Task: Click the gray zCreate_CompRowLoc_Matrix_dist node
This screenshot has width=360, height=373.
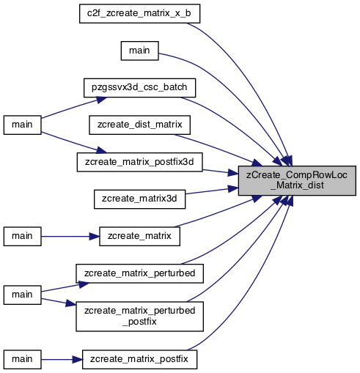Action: (297, 180)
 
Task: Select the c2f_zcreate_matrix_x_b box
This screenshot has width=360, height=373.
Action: (139, 14)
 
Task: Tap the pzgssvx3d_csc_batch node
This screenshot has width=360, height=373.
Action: (139, 88)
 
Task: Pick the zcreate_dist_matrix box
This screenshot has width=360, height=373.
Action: (139, 125)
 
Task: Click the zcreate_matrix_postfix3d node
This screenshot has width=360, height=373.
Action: (139, 162)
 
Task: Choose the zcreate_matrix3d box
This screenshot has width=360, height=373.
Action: (139, 199)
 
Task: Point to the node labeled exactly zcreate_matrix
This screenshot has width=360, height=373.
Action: (139, 237)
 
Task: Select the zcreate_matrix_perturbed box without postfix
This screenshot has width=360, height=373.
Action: (139, 273)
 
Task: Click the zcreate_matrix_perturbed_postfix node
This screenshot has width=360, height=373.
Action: (139, 317)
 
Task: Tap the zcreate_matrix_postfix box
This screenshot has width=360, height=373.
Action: (139, 360)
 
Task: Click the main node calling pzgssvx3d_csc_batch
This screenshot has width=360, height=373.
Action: (22, 125)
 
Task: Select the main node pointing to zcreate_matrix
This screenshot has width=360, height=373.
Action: (22, 237)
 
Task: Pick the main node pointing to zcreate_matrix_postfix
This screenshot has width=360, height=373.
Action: (22, 360)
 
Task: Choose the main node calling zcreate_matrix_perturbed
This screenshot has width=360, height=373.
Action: (22, 295)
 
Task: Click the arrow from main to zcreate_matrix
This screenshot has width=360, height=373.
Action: (70, 237)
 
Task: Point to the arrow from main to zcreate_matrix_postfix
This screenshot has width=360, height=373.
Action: (62, 360)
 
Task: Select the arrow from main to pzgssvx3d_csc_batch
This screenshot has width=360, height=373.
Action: (74, 108)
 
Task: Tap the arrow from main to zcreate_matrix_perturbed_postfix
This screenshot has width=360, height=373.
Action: (59, 302)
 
